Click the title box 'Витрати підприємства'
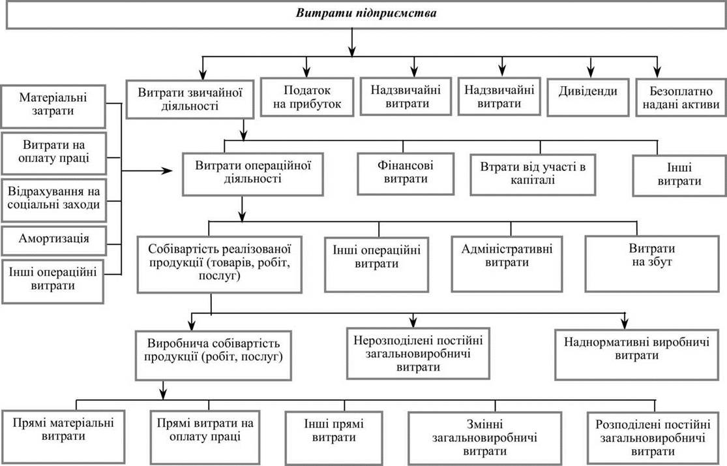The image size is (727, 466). (x=366, y=15)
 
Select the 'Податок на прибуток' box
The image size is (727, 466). (x=306, y=97)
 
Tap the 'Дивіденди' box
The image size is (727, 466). (x=587, y=97)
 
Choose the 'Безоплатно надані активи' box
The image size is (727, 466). (x=681, y=97)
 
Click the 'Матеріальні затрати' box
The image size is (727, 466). (x=53, y=106)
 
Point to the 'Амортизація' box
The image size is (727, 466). (x=53, y=240)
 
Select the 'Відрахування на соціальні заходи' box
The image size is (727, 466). (x=53, y=200)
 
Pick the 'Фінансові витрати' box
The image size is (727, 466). (x=405, y=174)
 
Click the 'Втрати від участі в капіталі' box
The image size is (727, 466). (x=533, y=174)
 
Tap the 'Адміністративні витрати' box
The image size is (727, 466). (x=507, y=264)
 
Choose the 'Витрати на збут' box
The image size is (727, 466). (x=652, y=264)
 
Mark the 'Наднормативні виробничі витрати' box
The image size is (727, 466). (x=636, y=354)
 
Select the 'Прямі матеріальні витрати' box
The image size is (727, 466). (x=63, y=437)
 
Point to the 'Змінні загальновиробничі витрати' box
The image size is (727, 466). (x=484, y=437)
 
